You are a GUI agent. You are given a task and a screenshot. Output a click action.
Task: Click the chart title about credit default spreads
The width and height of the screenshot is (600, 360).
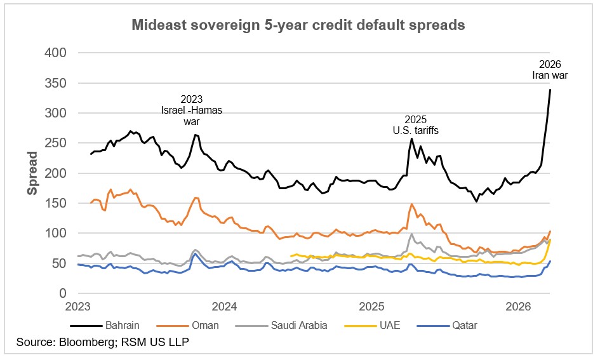tap(298, 25)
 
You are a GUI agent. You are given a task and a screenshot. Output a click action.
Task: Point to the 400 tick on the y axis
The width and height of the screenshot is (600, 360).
tap(55, 53)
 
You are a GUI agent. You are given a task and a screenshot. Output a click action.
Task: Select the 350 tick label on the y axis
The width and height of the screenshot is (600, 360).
tap(55, 83)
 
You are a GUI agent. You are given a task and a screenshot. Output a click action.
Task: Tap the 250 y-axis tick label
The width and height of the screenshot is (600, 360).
tap(55, 143)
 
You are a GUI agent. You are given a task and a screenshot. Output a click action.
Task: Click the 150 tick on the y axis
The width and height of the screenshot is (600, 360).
tap(55, 203)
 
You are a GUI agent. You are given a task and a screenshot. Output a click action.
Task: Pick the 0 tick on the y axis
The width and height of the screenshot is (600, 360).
tap(62, 293)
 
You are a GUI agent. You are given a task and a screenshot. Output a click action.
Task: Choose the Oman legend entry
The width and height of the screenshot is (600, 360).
tap(204, 325)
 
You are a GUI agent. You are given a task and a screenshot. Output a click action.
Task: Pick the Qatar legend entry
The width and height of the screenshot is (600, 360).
tap(462, 325)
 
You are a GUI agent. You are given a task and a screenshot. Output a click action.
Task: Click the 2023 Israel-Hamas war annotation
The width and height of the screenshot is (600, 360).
tap(192, 110)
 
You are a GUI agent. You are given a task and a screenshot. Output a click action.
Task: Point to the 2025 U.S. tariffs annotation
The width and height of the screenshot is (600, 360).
tap(416, 125)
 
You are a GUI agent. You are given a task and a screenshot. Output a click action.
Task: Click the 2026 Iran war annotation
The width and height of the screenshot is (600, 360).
tap(550, 69)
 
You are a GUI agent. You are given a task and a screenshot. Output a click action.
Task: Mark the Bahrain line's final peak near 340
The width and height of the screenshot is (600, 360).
tap(550, 90)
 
